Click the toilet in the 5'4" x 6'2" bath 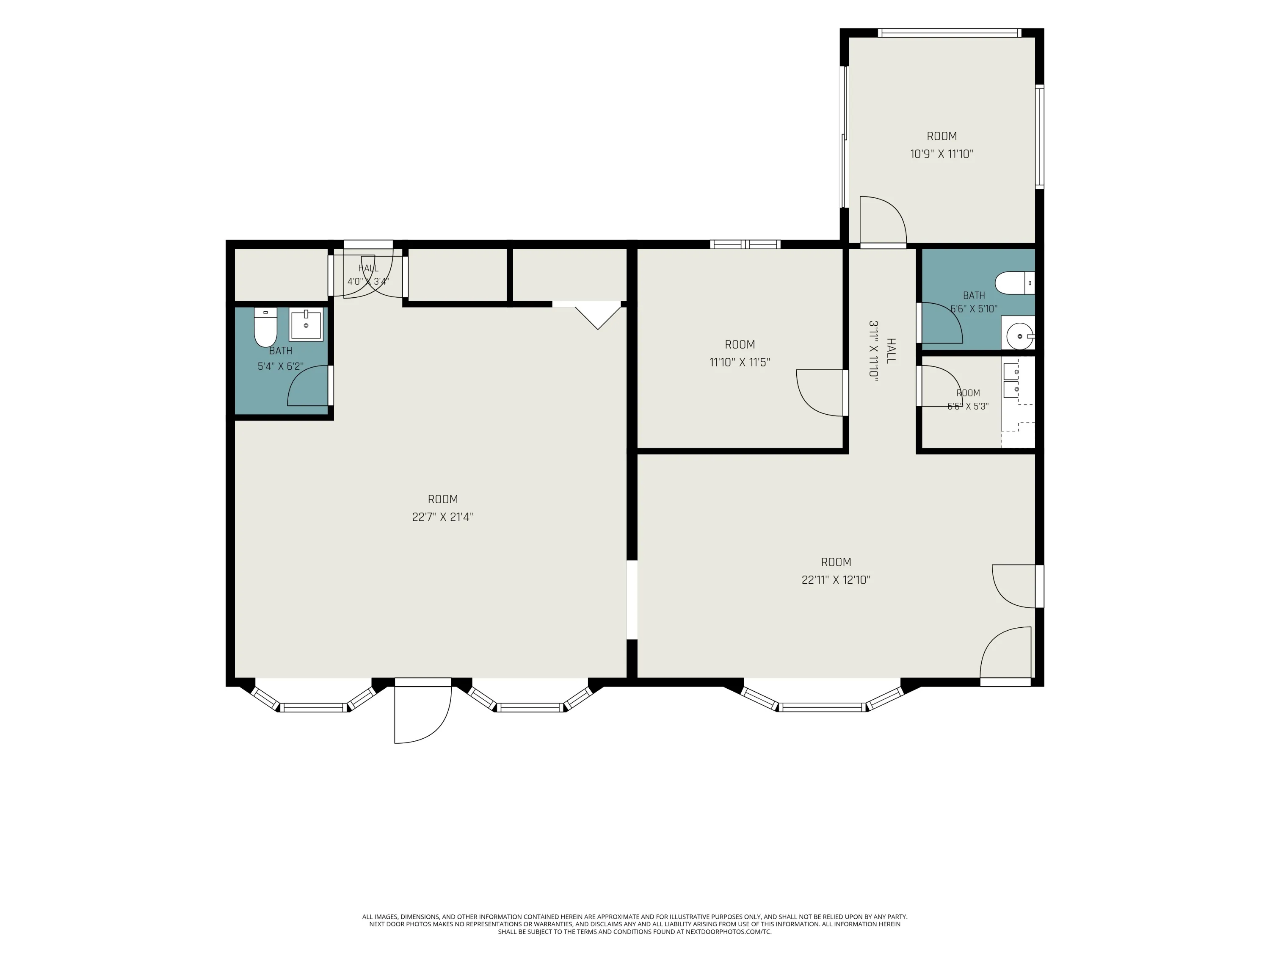tap(265, 327)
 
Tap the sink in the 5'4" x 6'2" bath tap(306, 325)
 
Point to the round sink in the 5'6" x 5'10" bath tap(1020, 335)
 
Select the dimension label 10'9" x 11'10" tap(941, 154)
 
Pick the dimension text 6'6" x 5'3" tap(968, 407)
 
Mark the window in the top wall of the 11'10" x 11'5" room tap(745, 244)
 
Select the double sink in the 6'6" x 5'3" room tap(1011, 380)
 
